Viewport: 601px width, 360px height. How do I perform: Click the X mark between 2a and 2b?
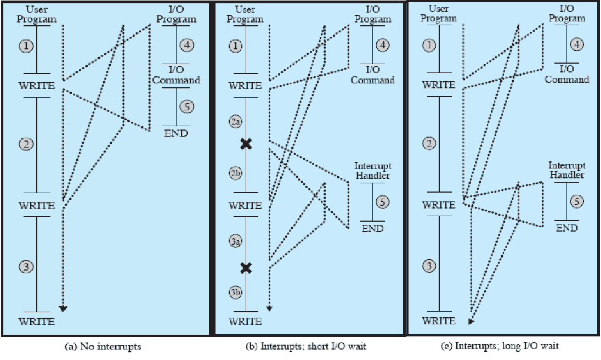pos(246,144)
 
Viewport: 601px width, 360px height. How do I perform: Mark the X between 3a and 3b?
pos(246,268)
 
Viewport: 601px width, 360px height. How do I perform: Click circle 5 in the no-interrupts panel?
pos(187,106)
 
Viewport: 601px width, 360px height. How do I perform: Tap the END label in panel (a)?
pos(175,133)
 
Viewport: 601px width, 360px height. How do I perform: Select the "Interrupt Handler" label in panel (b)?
pos(372,171)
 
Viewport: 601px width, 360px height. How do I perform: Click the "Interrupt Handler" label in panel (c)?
pos(566,170)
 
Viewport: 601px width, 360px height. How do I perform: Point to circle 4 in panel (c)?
pos(576,45)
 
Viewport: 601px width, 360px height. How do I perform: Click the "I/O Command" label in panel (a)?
pos(176,75)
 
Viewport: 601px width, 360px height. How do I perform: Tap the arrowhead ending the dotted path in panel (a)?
pos(64,308)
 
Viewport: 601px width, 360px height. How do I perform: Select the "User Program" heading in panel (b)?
pos(245,14)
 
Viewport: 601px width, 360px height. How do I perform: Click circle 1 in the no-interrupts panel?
pos(26,46)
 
